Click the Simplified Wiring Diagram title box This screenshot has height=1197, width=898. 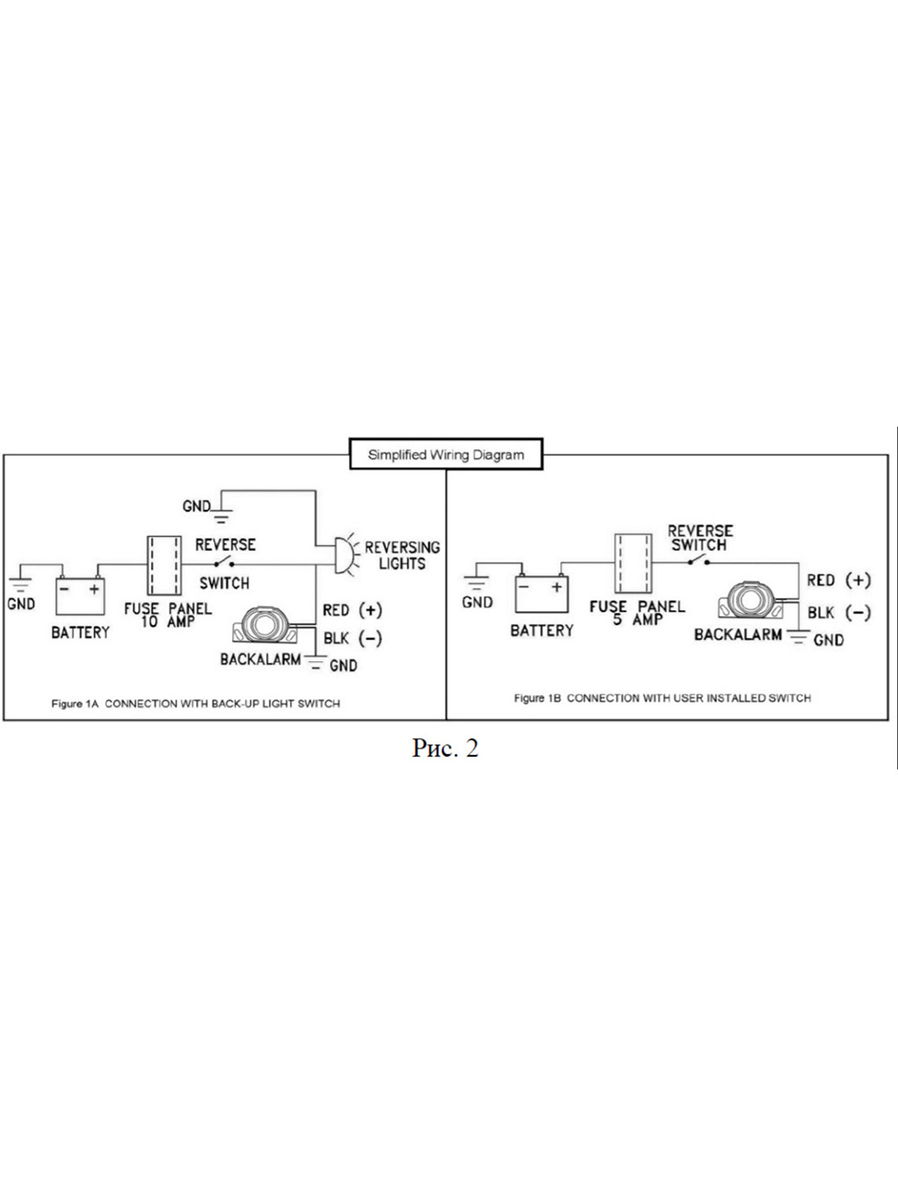[x=446, y=454]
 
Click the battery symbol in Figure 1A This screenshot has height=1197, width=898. [x=81, y=595]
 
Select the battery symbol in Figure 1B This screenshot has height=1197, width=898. [x=541, y=593]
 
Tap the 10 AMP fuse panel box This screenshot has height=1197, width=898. [x=163, y=566]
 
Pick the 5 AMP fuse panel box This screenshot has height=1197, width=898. [x=632, y=563]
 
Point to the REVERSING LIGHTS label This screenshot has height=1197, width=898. [x=402, y=555]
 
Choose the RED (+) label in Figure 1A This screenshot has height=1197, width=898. [x=352, y=610]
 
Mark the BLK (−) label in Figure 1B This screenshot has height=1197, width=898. [x=838, y=612]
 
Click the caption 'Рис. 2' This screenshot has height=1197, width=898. [x=445, y=749]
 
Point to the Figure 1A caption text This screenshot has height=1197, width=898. [x=195, y=703]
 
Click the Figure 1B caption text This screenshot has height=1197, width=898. [x=662, y=698]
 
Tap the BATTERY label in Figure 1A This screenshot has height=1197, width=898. [x=80, y=633]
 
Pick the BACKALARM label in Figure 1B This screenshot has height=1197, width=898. [x=738, y=634]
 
